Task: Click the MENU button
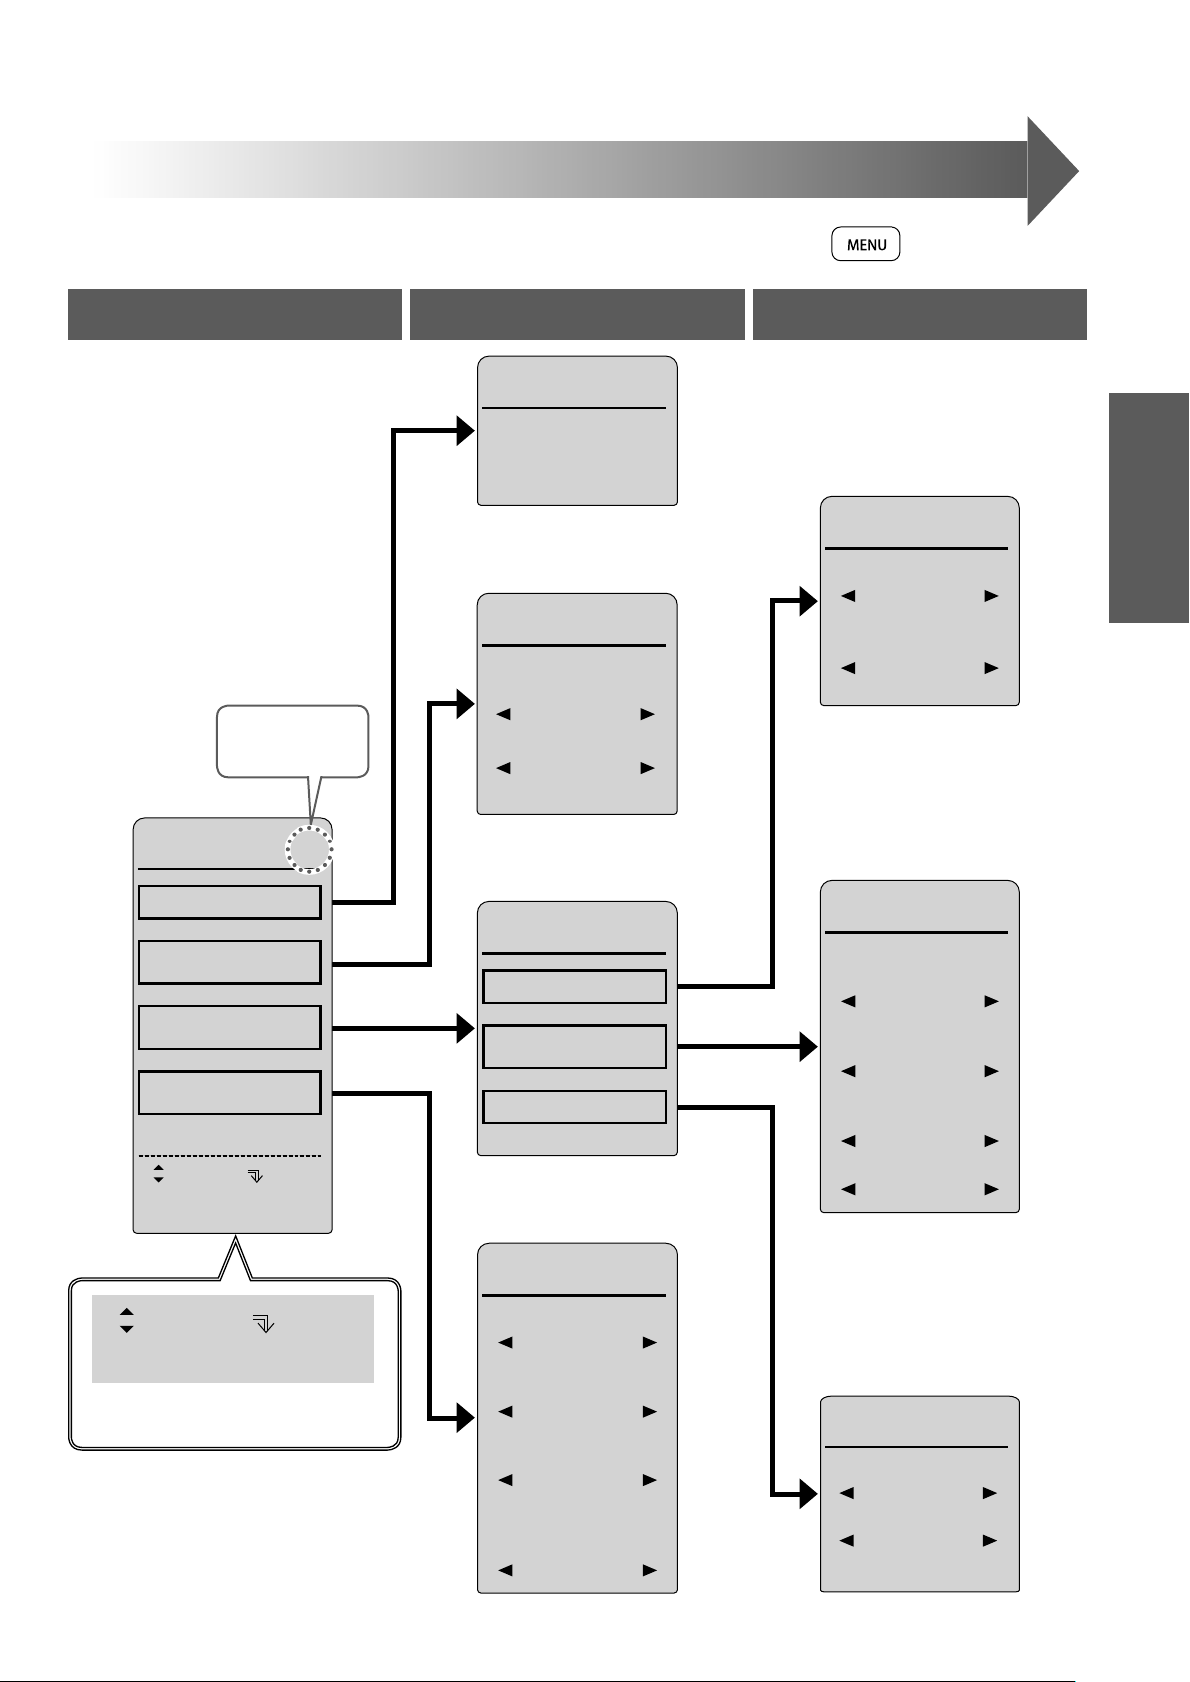pos(866,244)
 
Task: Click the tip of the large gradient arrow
pos(1079,171)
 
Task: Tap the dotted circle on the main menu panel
pos(309,849)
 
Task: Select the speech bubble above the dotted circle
pos(293,741)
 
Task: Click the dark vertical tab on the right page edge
pos(1149,508)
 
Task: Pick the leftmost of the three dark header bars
pos(235,314)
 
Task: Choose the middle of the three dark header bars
pos(577,314)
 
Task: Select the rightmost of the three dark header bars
pos(919,314)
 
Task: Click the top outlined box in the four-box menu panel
pos(230,902)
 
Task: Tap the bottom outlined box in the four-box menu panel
pos(230,1092)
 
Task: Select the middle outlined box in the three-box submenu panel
pos(574,1047)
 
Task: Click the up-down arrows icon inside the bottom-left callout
pos(126,1321)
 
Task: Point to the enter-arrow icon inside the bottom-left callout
pos(263,1323)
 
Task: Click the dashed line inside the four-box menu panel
pos(230,1156)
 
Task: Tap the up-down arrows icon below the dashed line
pos(158,1174)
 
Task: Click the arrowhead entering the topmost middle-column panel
pos(466,431)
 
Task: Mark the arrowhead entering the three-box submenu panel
pos(466,1028)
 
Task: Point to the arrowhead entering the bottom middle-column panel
pos(466,1418)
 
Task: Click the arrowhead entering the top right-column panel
pos(809,601)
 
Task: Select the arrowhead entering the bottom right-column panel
pos(809,1494)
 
